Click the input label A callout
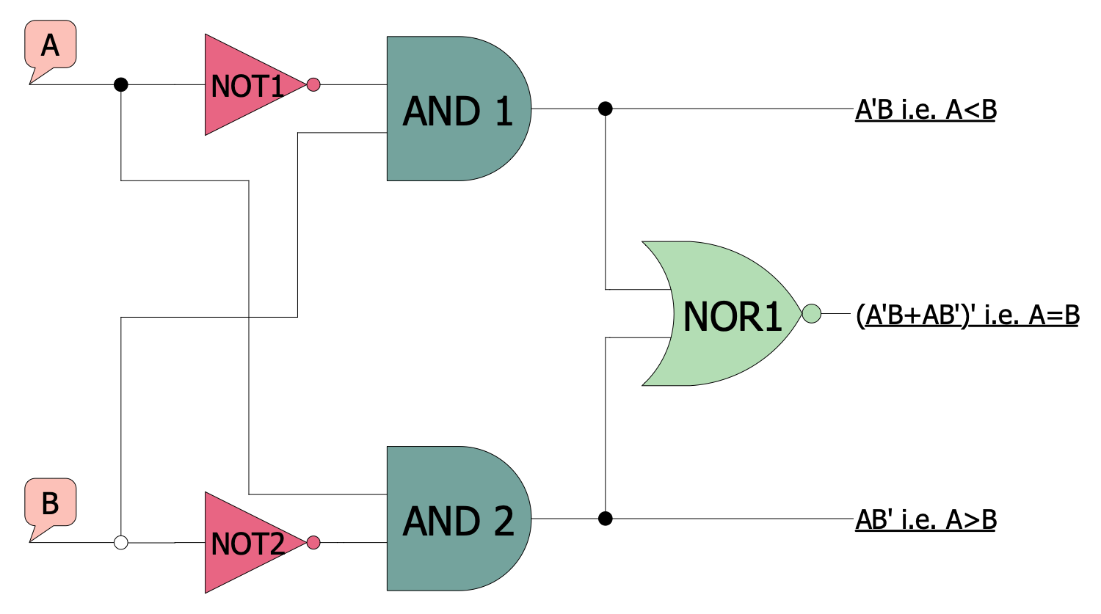coord(50,45)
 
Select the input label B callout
coord(50,503)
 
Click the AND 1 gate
coord(455,109)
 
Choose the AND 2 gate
coord(455,519)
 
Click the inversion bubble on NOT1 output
coord(313,84)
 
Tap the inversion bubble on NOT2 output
coord(313,543)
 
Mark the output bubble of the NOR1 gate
coord(811,313)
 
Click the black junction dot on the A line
coord(121,84)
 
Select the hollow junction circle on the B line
coord(121,543)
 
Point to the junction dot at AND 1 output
coord(605,109)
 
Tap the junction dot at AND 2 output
coord(605,519)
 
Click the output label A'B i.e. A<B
coord(926,110)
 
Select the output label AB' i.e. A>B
coord(926,520)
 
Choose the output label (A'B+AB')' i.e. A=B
coord(967,315)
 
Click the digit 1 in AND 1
coord(504,112)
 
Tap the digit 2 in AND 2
coord(504,522)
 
